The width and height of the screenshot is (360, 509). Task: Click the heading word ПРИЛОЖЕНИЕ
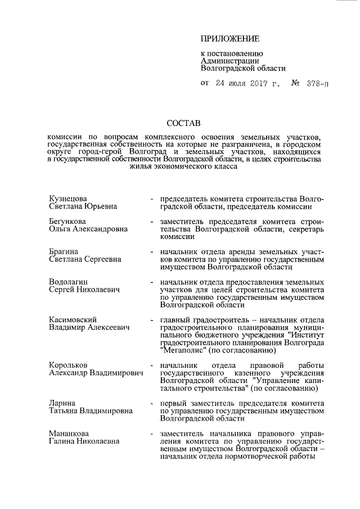coord(229,39)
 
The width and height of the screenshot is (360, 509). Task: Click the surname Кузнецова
coord(67,199)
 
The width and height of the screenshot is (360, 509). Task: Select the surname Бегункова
coord(67,222)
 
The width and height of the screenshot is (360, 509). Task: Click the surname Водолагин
coord(69,281)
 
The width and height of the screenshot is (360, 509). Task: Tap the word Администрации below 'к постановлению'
coord(229,61)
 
